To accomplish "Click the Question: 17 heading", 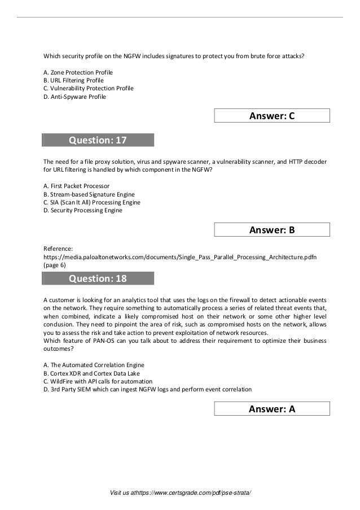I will pyautogui.click(x=98, y=140).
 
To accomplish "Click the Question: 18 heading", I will pyautogui.click(x=98, y=278).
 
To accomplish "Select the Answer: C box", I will pyautogui.click(x=272, y=116).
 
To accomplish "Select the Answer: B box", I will pyautogui.click(x=272, y=230).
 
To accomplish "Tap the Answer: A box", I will pyautogui.click(x=272, y=410).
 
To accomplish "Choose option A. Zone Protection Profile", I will pyautogui.click(x=78, y=73).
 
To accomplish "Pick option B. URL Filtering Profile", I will pyautogui.click(x=73, y=81).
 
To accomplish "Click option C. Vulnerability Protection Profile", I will pyautogui.click(x=89, y=89).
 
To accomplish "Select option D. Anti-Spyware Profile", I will pyautogui.click(x=74, y=97).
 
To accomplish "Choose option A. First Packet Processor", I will pyautogui.click(x=76, y=186).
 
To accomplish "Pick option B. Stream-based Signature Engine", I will pyautogui.click(x=89, y=194).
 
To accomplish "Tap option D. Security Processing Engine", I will pyautogui.click(x=82, y=210).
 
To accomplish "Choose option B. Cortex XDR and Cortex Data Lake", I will pyautogui.click(x=91, y=373).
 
